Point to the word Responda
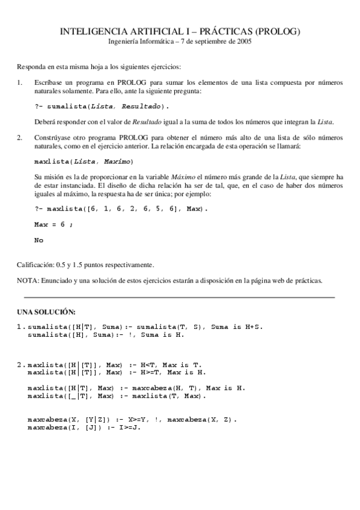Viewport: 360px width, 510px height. [30, 66]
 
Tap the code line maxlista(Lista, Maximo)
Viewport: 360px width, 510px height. [84, 162]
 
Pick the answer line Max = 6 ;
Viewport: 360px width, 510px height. [53, 224]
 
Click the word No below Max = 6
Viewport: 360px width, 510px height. [39, 239]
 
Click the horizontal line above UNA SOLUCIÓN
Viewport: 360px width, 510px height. [179, 297]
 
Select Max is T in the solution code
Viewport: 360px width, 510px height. [183, 364]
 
